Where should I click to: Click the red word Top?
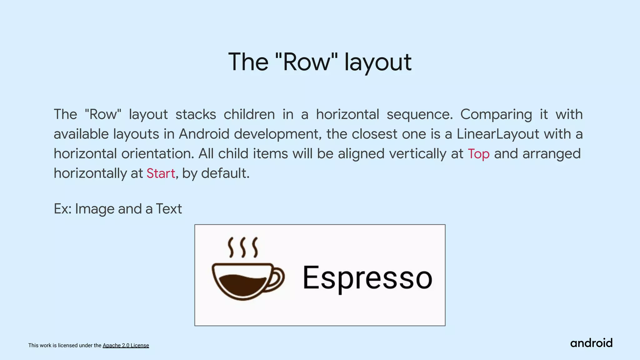click(478, 154)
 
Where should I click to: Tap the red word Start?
click(161, 173)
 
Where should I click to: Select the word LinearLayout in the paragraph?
click(498, 134)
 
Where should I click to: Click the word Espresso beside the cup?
click(367, 278)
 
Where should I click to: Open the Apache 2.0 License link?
click(126, 345)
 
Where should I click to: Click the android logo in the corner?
click(591, 343)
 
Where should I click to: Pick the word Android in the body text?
click(204, 134)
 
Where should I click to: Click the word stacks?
click(196, 114)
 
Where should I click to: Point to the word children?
click(249, 114)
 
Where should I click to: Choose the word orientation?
click(157, 154)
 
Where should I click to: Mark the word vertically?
click(417, 154)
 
